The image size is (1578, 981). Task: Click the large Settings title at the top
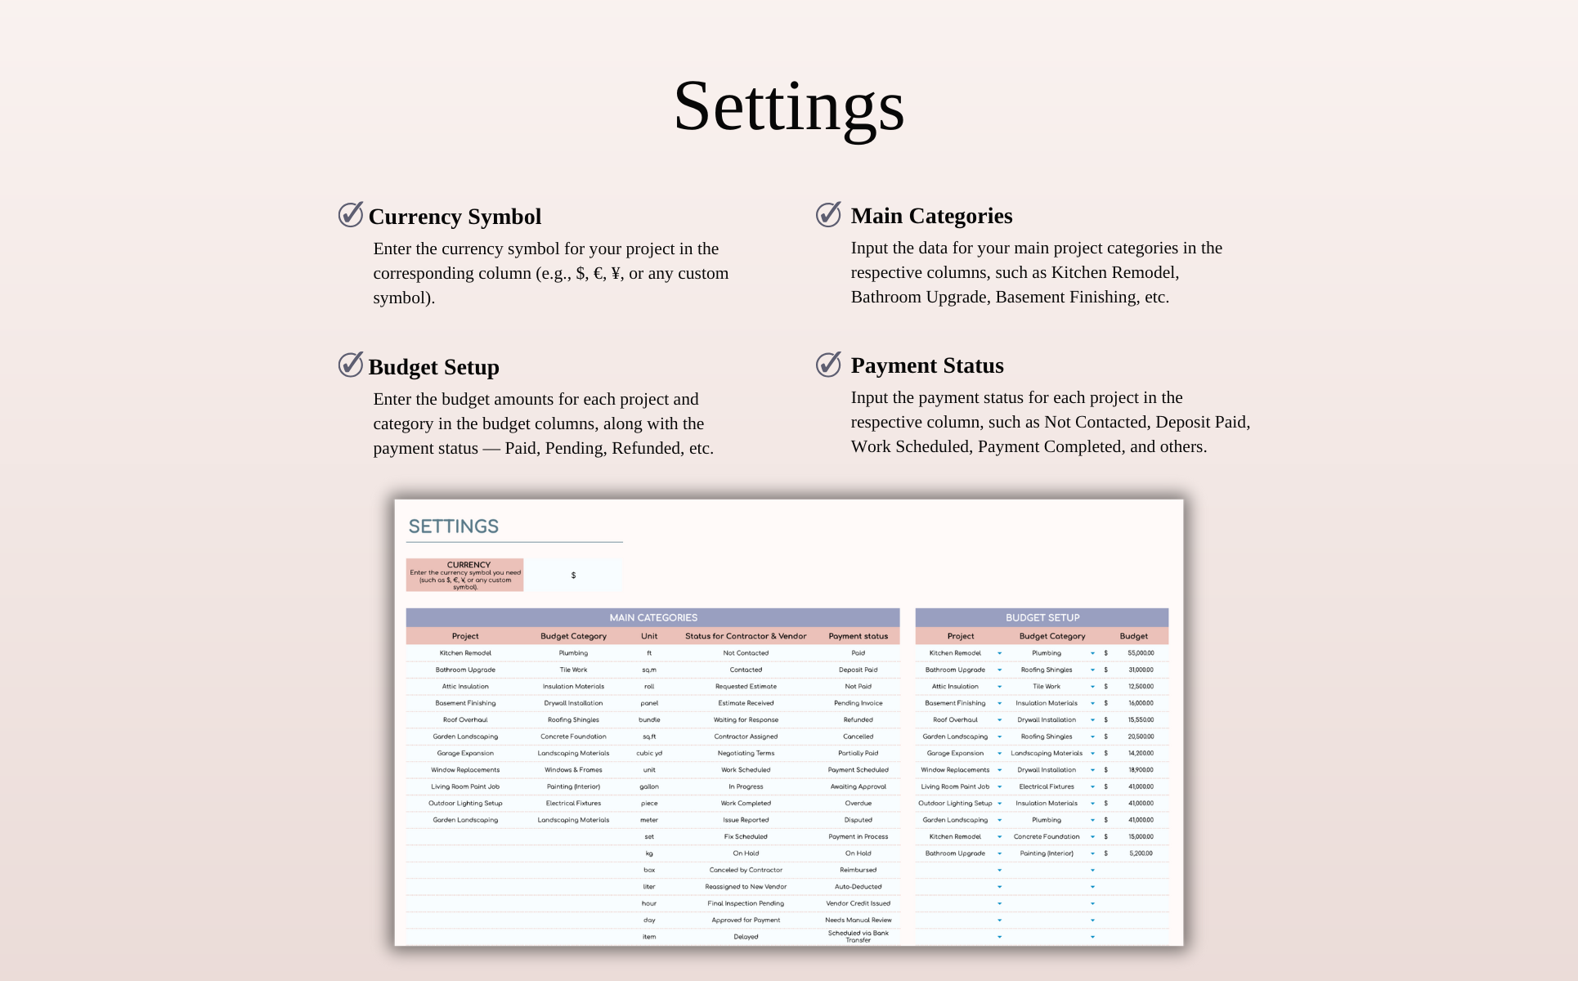pyautogui.click(x=788, y=106)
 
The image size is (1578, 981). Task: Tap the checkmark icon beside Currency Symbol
pyautogui.click(x=351, y=214)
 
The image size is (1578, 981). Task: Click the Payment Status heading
pyautogui.click(x=926, y=365)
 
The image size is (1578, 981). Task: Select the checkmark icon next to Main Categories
pyautogui.click(x=828, y=214)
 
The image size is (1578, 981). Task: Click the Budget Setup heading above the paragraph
pyautogui.click(x=433, y=367)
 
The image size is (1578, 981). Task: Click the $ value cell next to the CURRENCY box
pyautogui.click(x=573, y=576)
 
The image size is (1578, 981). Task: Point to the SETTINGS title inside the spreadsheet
pyautogui.click(x=453, y=526)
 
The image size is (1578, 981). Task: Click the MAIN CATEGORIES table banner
pyautogui.click(x=652, y=617)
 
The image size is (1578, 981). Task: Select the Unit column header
pyautogui.click(x=649, y=636)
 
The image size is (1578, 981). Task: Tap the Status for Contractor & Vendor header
pyautogui.click(x=746, y=636)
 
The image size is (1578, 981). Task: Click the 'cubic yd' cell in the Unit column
pyautogui.click(x=649, y=753)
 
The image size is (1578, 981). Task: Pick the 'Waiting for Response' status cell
pyautogui.click(x=746, y=720)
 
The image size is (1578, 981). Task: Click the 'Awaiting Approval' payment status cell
pyautogui.click(x=858, y=786)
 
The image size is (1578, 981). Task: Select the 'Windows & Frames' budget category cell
pyautogui.click(x=573, y=770)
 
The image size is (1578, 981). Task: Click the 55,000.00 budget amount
pyautogui.click(x=1141, y=653)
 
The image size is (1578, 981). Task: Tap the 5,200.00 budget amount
pyautogui.click(x=1141, y=853)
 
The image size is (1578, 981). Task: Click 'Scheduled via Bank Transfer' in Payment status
pyautogui.click(x=858, y=936)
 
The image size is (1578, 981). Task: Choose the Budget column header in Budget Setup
pyautogui.click(x=1133, y=636)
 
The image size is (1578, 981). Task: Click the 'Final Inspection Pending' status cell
pyautogui.click(x=746, y=903)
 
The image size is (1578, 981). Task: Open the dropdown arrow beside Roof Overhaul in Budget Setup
pyautogui.click(x=999, y=720)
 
